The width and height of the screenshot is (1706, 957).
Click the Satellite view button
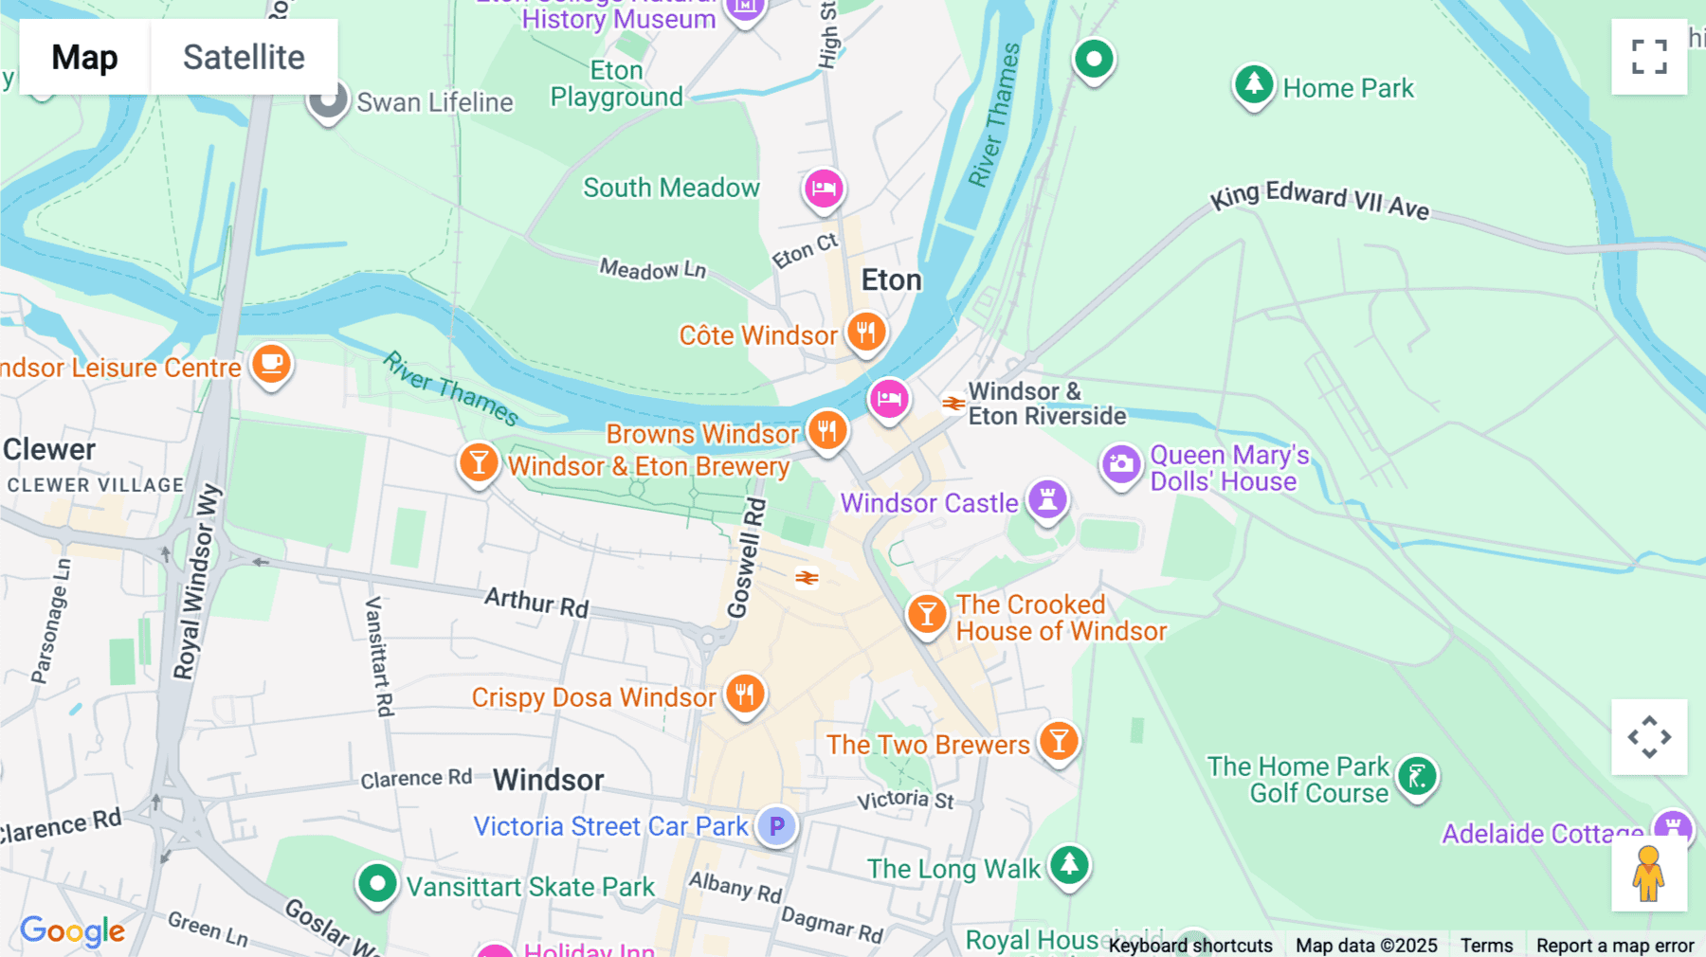tap(244, 57)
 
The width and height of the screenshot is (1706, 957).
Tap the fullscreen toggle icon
tap(1649, 57)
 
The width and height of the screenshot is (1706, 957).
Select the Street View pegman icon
tap(1649, 874)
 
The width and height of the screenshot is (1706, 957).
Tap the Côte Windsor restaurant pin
tap(865, 333)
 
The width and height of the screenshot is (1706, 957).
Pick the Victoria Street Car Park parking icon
tap(776, 826)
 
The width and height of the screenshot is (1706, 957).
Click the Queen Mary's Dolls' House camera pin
tap(1121, 464)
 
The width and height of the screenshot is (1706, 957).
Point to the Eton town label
tap(891, 280)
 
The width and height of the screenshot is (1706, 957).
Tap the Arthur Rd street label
tap(536, 602)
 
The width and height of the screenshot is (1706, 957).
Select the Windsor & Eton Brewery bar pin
tap(479, 463)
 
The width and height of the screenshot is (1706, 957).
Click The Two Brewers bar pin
tap(1059, 741)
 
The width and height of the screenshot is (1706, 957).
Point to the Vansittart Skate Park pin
tap(377, 884)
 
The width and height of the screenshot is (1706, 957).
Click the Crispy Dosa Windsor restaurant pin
tap(745, 695)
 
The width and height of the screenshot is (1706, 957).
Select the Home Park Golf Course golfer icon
tap(1417, 777)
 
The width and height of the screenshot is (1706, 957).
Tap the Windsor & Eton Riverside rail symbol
tap(953, 404)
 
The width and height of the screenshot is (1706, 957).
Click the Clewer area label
tap(49, 449)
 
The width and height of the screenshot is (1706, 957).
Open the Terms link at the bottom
tap(1486, 945)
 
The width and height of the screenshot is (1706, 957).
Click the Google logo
tap(73, 930)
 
